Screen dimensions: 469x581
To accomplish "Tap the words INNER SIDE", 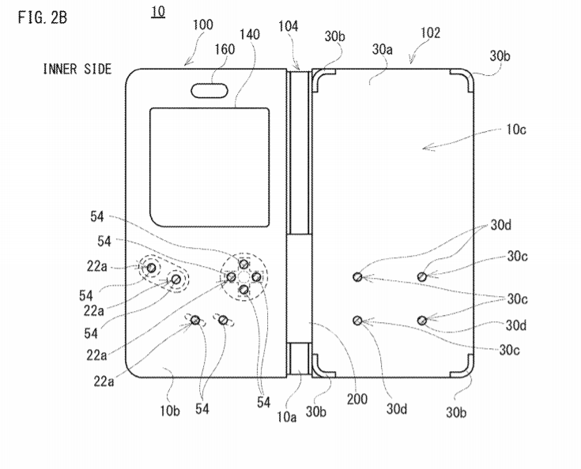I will tap(77, 69).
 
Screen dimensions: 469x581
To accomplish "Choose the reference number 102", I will tap(430, 33).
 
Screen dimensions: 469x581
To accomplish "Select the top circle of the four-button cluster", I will tap(244, 264).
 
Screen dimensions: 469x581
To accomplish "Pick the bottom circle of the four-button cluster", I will tap(244, 291).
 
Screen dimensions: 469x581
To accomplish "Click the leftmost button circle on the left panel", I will tap(150, 268).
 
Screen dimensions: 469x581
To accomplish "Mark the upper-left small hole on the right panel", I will tap(358, 276).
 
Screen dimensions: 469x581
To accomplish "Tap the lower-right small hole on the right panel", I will tap(422, 319).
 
